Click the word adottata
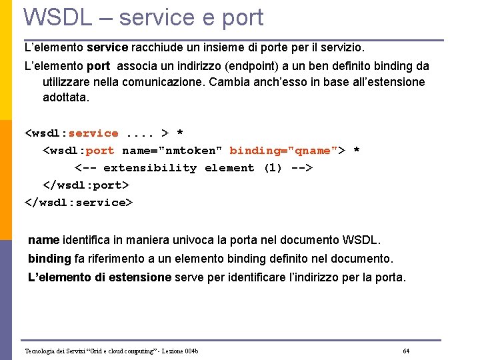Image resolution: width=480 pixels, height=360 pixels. click(65, 97)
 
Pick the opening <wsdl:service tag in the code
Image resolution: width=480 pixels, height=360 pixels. click(71, 133)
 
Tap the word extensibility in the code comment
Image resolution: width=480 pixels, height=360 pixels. click(150, 168)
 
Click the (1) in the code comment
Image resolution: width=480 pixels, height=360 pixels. click(273, 168)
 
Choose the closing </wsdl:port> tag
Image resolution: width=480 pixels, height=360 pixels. click(86, 185)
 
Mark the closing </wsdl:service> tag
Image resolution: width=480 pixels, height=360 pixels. click(79, 203)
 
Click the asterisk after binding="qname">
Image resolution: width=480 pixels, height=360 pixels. click(357, 151)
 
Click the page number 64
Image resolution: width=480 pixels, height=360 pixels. click(406, 351)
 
